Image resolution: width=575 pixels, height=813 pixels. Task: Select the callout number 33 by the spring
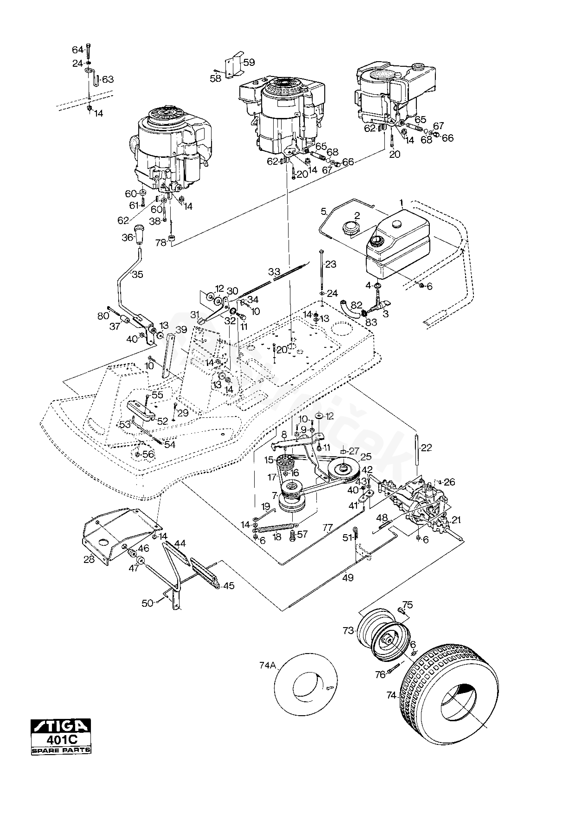tap(274, 272)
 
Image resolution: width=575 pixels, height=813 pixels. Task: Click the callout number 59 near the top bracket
tap(249, 63)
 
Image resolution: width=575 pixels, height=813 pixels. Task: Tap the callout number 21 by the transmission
tap(457, 520)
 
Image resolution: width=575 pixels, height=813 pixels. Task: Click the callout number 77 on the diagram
tap(328, 528)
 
